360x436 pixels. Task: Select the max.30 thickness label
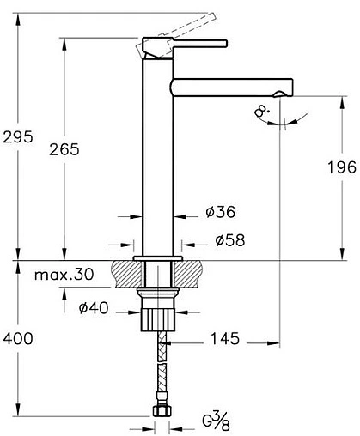(x=65, y=276)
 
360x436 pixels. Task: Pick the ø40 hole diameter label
(x=93, y=308)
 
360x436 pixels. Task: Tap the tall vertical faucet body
(x=156, y=154)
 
